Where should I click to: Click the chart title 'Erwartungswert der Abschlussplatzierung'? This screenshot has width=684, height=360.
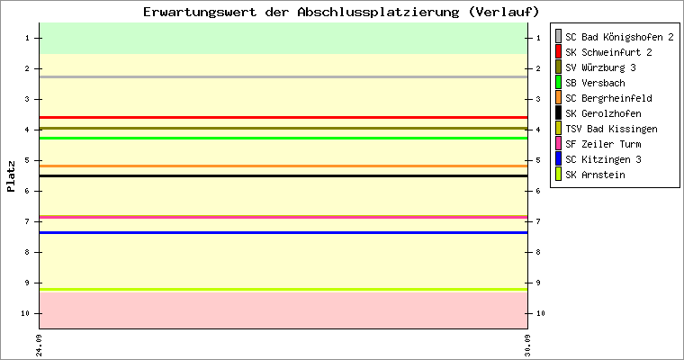(x=301, y=12)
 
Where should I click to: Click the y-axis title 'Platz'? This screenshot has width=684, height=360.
(x=11, y=176)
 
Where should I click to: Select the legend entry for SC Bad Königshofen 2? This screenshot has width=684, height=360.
(x=619, y=37)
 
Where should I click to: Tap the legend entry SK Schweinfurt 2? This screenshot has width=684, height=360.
(x=608, y=52)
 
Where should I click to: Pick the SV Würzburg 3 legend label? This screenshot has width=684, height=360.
(x=600, y=67)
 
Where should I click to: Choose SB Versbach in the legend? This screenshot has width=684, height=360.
(x=595, y=83)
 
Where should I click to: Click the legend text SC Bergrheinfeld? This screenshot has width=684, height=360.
(x=608, y=98)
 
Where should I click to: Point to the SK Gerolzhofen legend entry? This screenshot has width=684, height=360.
(x=603, y=113)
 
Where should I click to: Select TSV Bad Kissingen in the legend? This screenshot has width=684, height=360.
(x=611, y=129)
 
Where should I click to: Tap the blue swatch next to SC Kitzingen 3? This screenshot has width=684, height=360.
(x=558, y=158)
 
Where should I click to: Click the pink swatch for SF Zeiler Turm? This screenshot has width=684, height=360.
(x=558, y=144)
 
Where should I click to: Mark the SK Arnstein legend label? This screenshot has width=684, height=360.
(x=595, y=175)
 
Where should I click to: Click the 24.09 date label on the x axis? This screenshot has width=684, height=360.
(x=40, y=346)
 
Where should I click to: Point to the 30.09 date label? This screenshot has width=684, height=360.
(x=527, y=346)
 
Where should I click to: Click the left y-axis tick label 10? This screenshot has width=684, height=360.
(x=25, y=313)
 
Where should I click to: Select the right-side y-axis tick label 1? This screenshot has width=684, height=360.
(x=539, y=38)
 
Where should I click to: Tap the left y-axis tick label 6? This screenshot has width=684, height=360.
(x=28, y=191)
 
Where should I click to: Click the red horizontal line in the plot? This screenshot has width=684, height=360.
(x=283, y=117)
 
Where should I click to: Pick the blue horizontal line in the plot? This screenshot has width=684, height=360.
(x=283, y=232)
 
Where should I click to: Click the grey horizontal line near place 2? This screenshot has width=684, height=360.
(x=283, y=76)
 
